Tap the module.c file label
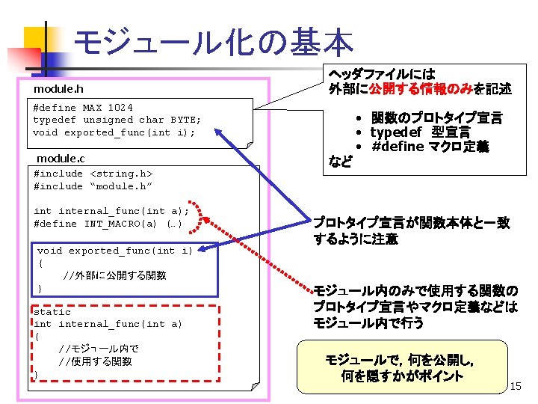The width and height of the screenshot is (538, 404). (61, 158)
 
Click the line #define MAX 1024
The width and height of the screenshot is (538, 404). (83, 107)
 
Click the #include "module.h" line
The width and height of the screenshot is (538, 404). (93, 186)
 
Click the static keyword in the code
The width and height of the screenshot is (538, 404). (52, 311)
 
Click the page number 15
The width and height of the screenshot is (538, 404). (516, 386)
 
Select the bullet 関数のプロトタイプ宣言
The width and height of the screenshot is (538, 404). (436, 117)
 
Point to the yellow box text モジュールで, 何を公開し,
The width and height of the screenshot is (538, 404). (401, 359)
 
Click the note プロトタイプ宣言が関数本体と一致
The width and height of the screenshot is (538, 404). (411, 222)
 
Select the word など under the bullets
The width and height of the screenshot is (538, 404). (340, 161)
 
